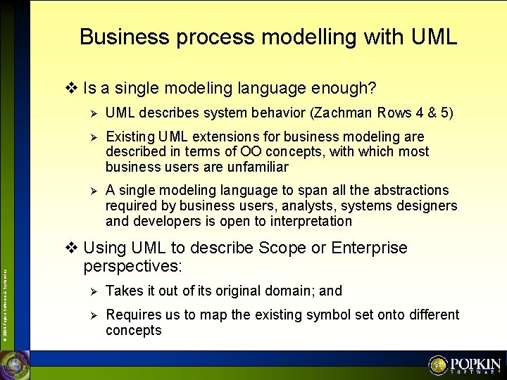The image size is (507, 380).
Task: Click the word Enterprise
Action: tap(369, 248)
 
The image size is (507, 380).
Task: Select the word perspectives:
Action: tap(133, 267)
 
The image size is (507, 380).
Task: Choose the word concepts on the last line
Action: tap(134, 330)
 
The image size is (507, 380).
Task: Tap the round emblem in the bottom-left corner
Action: tap(15, 365)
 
